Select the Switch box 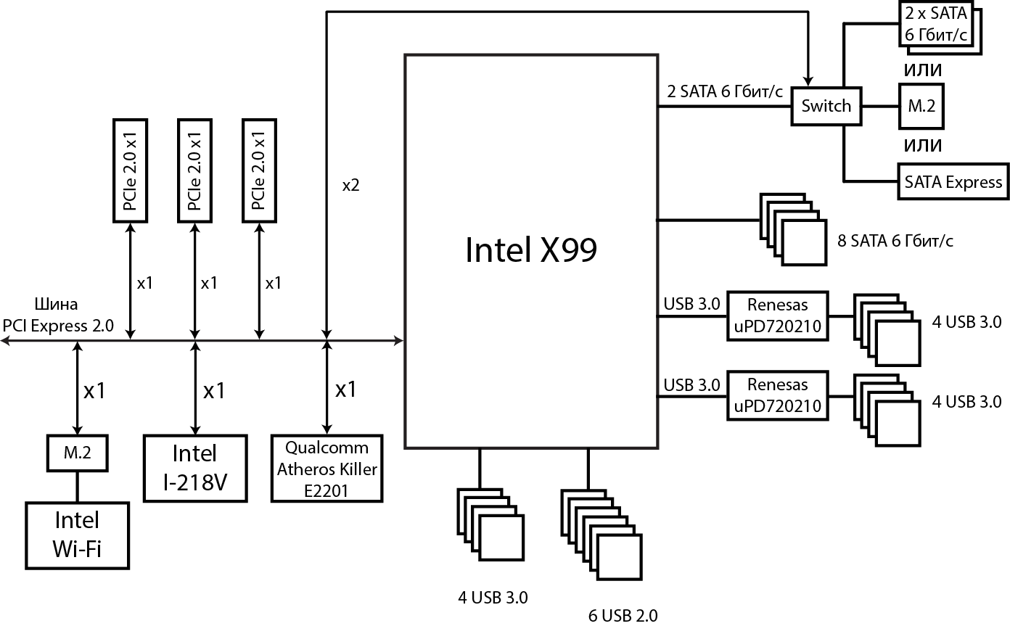826,106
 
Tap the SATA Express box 953,182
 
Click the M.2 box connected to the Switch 921,106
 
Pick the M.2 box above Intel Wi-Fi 77,453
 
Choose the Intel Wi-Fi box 77,535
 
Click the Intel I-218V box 194,469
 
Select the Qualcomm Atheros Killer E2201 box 327,469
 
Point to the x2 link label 350,185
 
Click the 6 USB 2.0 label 623,616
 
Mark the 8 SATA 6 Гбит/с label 895,240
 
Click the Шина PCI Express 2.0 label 59,315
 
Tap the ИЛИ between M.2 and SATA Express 922,145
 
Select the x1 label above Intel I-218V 213,391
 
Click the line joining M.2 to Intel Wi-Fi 77,486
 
